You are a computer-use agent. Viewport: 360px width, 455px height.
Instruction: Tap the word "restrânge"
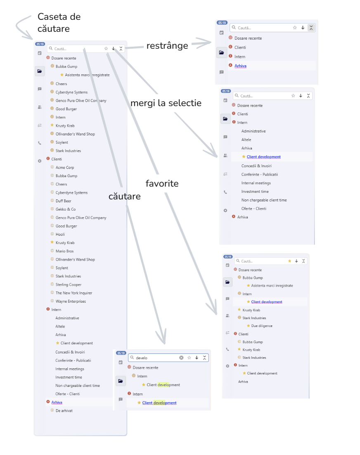(167, 46)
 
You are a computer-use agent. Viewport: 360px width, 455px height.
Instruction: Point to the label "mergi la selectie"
(166, 103)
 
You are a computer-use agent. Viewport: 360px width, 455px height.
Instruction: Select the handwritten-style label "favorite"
(162, 183)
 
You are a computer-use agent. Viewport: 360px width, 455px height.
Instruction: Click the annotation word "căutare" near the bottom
(124, 197)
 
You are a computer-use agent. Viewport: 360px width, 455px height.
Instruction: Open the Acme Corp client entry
(65, 167)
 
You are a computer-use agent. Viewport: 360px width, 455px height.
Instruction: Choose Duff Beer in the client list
(64, 201)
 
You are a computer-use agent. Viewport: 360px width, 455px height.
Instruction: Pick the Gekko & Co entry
(66, 209)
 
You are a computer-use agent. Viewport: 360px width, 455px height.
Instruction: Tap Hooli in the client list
(60, 234)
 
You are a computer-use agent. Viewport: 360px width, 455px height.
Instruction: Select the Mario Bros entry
(64, 251)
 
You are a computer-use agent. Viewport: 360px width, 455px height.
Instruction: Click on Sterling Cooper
(69, 284)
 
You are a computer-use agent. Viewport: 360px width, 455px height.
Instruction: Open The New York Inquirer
(74, 293)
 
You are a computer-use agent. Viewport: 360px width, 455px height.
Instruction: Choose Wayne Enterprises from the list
(71, 301)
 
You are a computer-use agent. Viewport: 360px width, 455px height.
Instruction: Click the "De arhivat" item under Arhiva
(64, 410)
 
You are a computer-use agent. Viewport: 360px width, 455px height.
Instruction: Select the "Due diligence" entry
(262, 326)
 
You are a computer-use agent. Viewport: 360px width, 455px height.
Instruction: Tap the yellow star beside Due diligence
(249, 326)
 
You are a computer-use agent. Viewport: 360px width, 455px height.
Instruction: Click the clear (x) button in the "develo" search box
(181, 358)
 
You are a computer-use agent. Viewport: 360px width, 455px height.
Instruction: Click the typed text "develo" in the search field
(142, 358)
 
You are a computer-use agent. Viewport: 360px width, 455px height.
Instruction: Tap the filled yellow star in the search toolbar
(289, 261)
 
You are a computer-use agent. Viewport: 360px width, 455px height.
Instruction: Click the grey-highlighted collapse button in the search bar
(311, 28)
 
